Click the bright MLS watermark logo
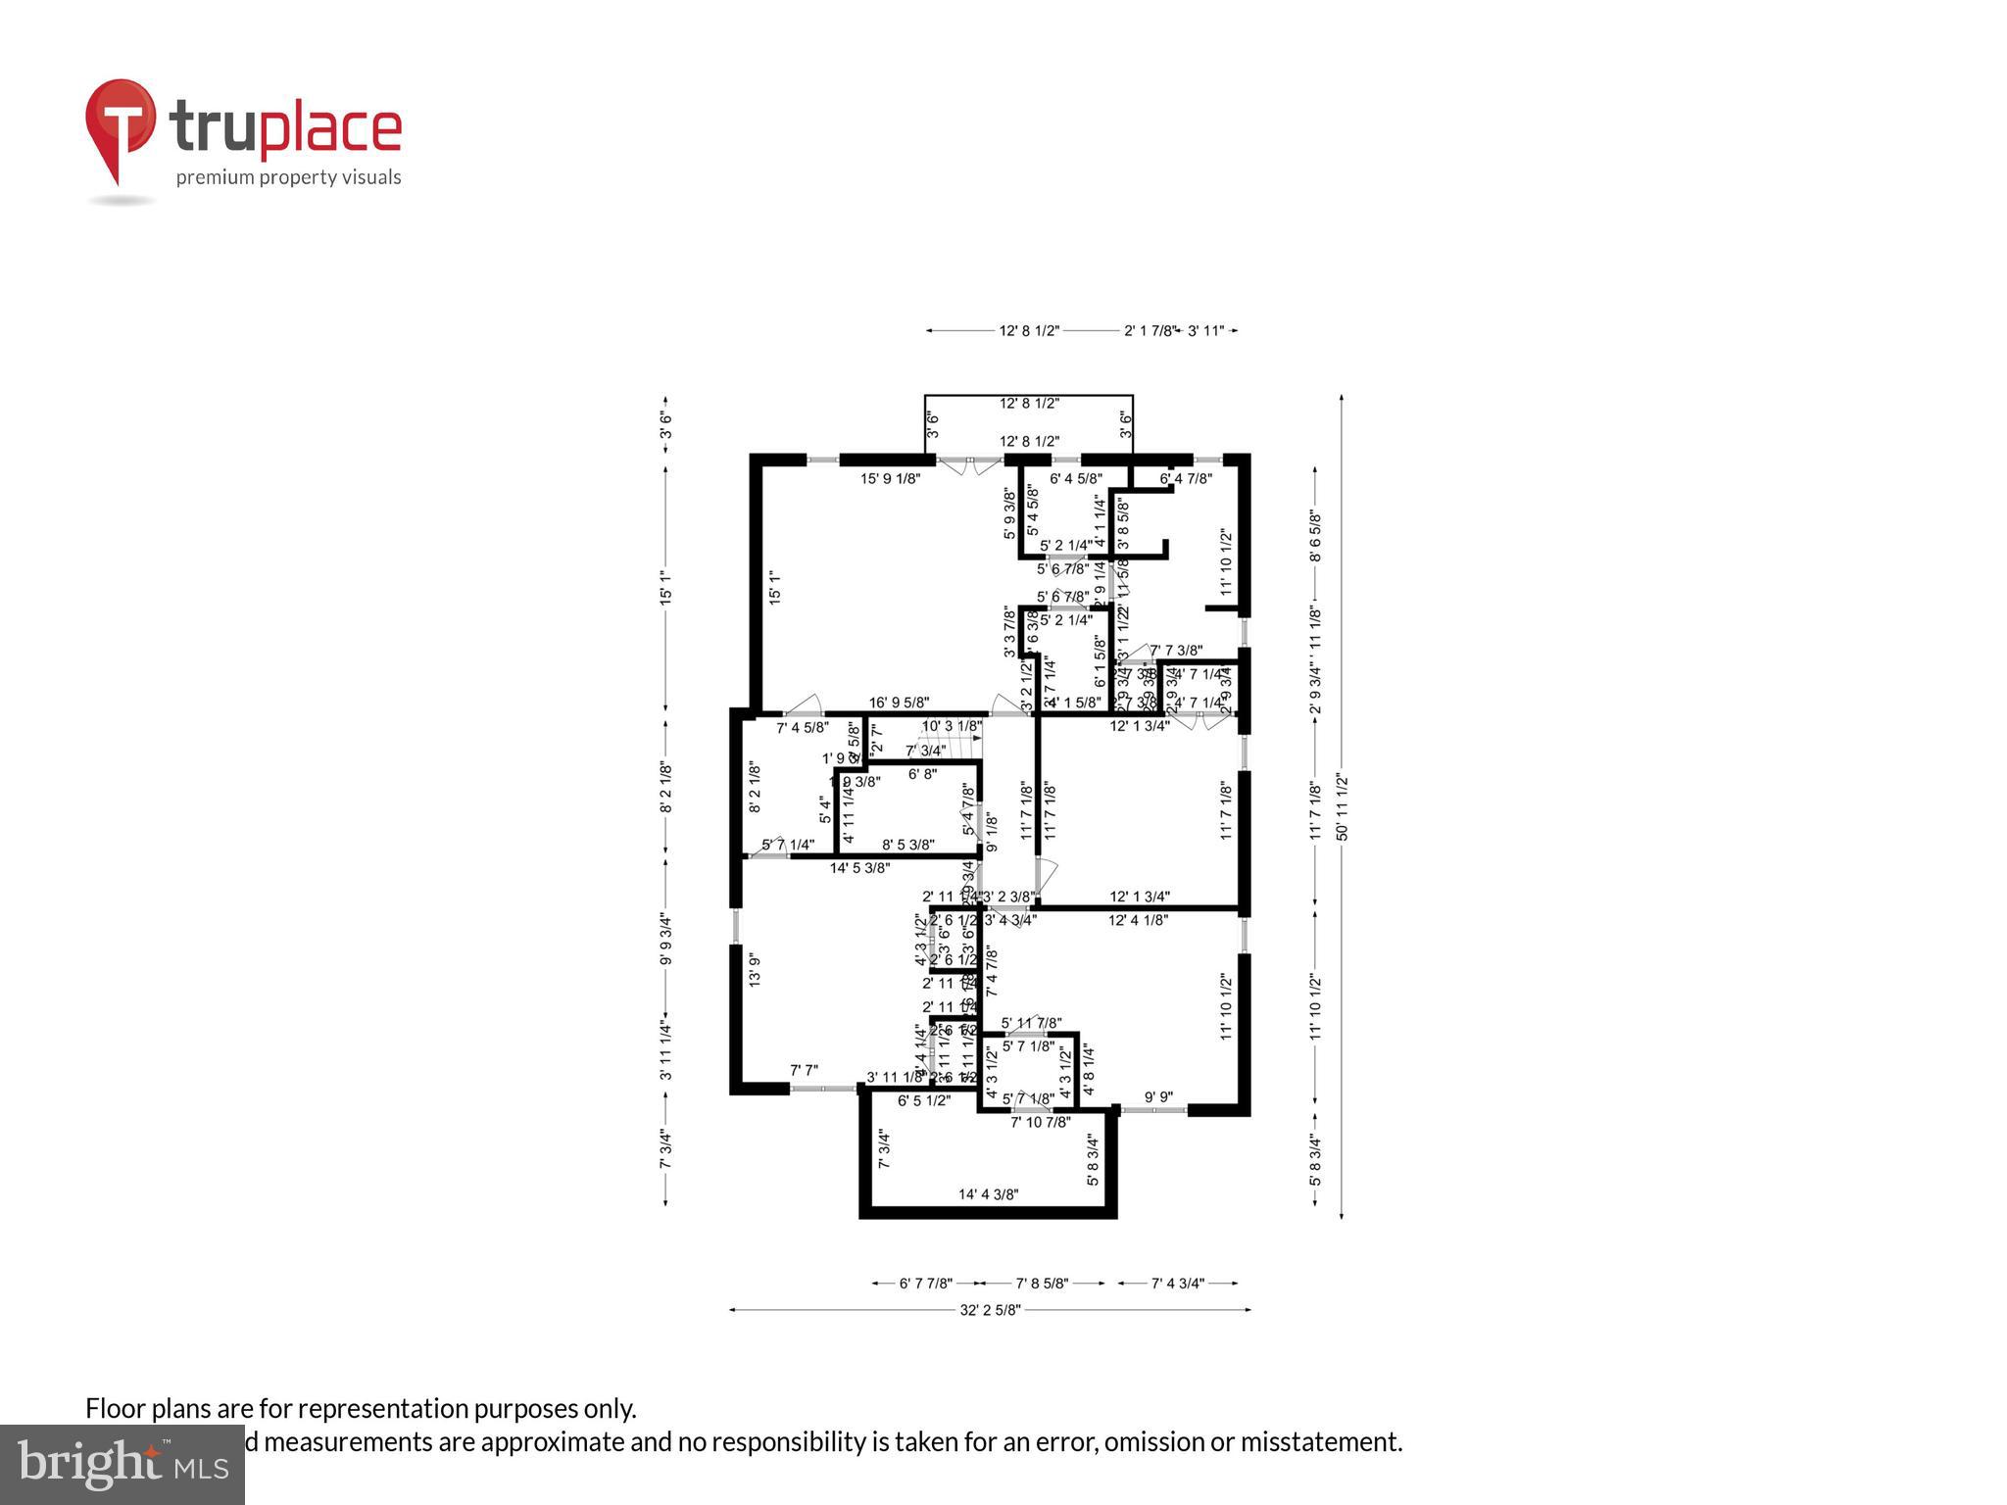pyautogui.click(x=122, y=1464)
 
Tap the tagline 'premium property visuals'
pyautogui.click(x=288, y=177)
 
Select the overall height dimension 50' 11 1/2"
pyautogui.click(x=1342, y=807)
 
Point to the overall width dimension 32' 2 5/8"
pyautogui.click(x=991, y=1309)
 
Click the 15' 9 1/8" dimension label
pyautogui.click(x=890, y=479)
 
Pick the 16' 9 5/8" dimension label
pyautogui.click(x=899, y=703)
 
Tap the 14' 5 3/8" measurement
pyautogui.click(x=859, y=867)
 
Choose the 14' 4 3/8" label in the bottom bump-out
pyautogui.click(x=988, y=1194)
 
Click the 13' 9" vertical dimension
pyautogui.click(x=755, y=969)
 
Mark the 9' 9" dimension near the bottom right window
pyautogui.click(x=1158, y=1098)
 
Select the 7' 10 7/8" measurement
pyautogui.click(x=1040, y=1122)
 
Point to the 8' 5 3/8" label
pyautogui.click(x=907, y=845)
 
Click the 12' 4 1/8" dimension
pyautogui.click(x=1138, y=920)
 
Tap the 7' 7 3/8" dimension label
pyautogui.click(x=1175, y=650)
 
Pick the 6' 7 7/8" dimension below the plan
pyautogui.click(x=926, y=1283)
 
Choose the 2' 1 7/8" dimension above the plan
pyautogui.click(x=1148, y=331)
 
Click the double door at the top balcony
pyautogui.click(x=967, y=465)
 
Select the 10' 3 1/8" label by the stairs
pyautogui.click(x=951, y=726)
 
